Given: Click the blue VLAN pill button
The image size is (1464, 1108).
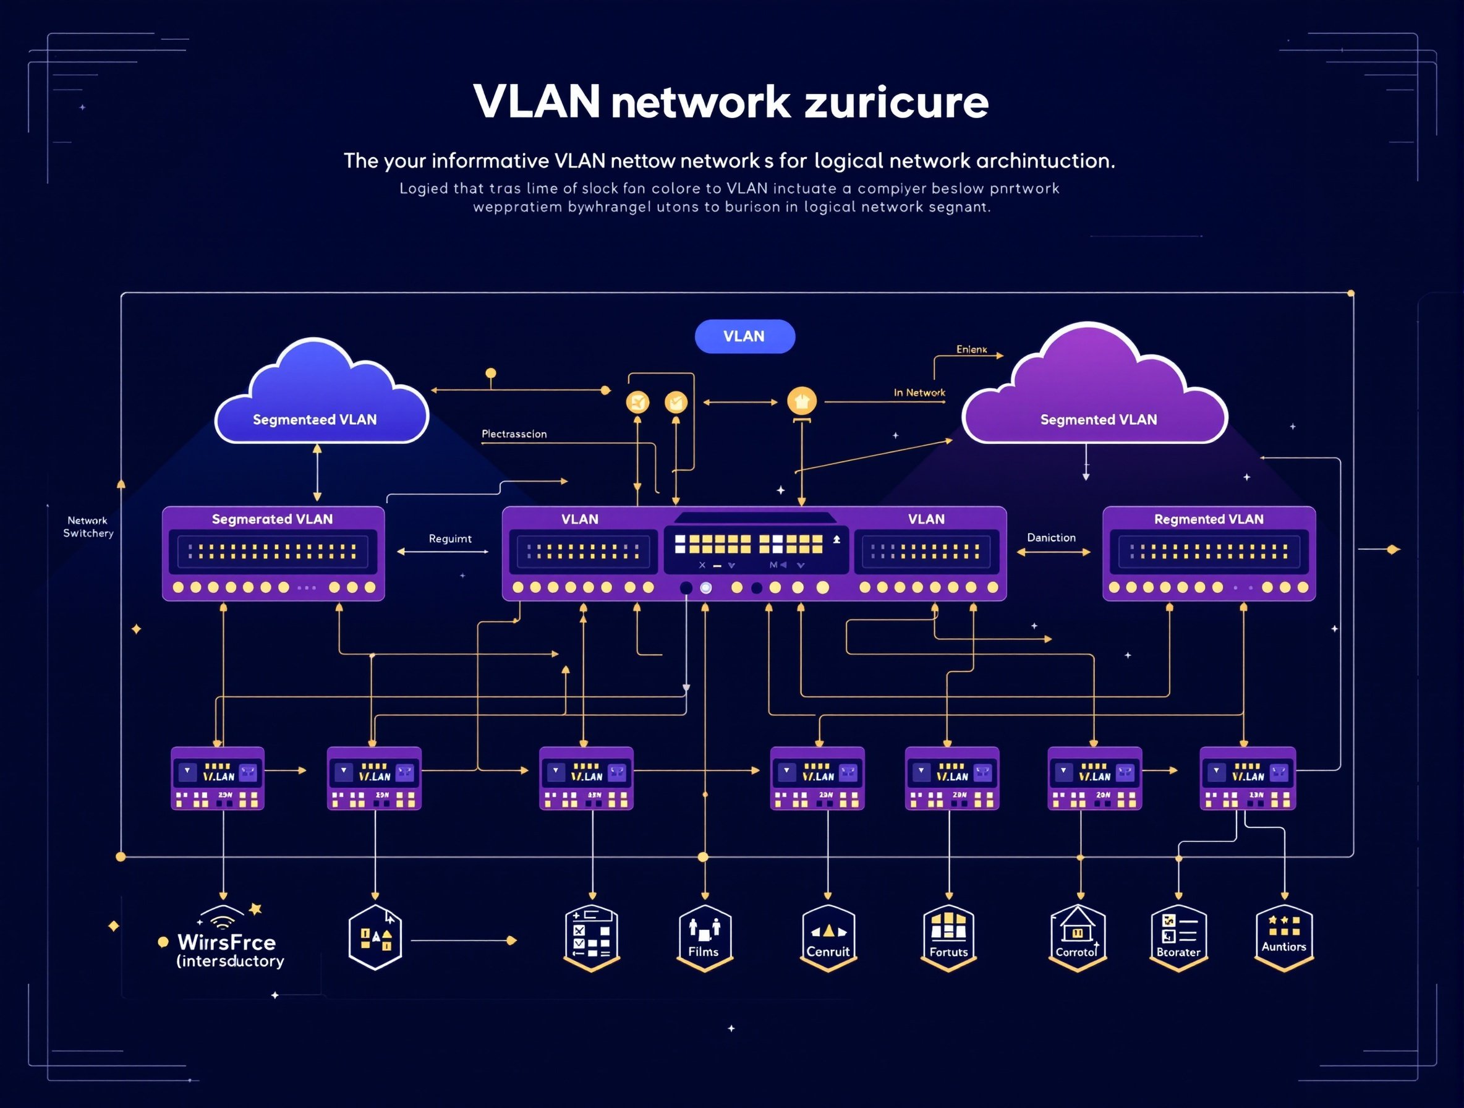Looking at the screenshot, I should click(744, 336).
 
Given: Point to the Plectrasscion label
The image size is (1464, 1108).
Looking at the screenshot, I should click(514, 434).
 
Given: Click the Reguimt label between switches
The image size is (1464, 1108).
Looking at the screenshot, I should click(450, 539).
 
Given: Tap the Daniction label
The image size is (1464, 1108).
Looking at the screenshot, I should click(1051, 537).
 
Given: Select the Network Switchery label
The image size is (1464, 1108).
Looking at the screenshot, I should click(88, 527).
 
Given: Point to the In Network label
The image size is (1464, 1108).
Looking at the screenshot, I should click(919, 393).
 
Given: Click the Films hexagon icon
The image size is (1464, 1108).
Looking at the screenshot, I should click(704, 937).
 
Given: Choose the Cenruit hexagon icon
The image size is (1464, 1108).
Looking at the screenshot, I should click(828, 937).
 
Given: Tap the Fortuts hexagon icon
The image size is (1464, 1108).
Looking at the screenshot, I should click(948, 937).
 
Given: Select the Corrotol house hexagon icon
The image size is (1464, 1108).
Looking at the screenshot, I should click(1078, 937).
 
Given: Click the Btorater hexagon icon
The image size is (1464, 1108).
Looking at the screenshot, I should click(1178, 937).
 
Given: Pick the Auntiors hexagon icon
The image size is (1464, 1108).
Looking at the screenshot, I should click(1283, 936).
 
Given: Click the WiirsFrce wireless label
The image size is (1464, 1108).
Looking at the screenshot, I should click(226, 942).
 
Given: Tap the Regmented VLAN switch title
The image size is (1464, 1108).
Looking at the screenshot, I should click(1209, 519).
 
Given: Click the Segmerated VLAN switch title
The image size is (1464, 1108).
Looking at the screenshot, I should click(272, 519).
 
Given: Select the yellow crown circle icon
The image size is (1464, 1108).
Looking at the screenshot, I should click(801, 401).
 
